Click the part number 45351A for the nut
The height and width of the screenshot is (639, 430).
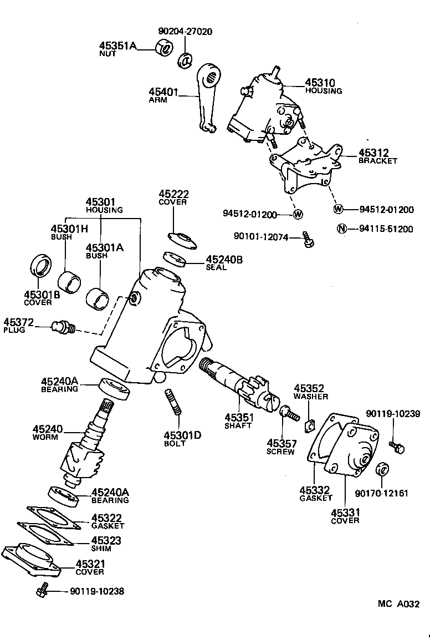[117, 45]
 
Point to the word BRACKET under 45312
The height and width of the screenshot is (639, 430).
[377, 161]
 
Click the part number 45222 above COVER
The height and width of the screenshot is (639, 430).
[173, 194]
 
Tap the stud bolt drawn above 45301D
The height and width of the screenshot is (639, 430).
[172, 402]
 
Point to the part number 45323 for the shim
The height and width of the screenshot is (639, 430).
[106, 540]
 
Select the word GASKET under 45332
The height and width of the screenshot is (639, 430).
[316, 498]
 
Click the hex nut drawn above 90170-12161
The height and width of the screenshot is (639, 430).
[381, 469]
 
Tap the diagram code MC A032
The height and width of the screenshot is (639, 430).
[399, 603]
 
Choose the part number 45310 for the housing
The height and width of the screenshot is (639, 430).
[320, 83]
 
